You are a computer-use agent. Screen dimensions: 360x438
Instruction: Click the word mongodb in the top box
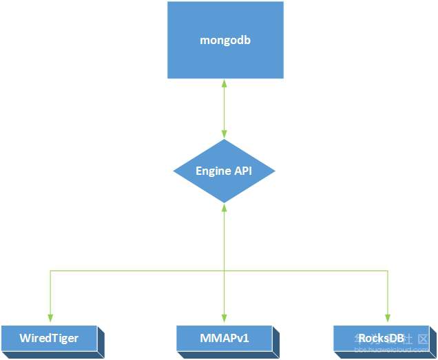point(225,40)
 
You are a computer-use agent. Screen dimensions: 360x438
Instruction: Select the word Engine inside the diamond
point(213,171)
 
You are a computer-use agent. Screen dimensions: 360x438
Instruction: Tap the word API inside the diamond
point(242,171)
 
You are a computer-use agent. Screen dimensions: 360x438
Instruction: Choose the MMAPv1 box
point(224,338)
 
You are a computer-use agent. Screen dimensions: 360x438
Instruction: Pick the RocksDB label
point(381,338)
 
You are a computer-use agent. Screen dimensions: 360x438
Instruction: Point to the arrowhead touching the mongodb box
point(224,83)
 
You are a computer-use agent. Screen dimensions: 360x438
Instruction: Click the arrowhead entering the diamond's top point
point(224,135)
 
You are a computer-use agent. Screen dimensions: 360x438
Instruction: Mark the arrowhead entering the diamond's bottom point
point(224,207)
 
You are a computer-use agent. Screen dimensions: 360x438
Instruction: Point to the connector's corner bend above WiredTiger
point(50,271)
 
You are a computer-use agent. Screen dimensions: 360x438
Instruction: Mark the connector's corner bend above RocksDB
point(388,271)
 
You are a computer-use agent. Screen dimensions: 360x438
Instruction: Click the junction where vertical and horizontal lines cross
point(224,271)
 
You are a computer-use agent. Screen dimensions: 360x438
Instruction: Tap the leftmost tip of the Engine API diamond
point(174,171)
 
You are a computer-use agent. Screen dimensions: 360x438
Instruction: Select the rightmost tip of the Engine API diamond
point(275,171)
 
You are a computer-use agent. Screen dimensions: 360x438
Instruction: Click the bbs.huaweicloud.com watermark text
point(392,350)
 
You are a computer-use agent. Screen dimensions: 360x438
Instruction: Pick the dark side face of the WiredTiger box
point(101,341)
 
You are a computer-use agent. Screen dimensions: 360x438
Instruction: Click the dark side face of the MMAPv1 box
point(276,341)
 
